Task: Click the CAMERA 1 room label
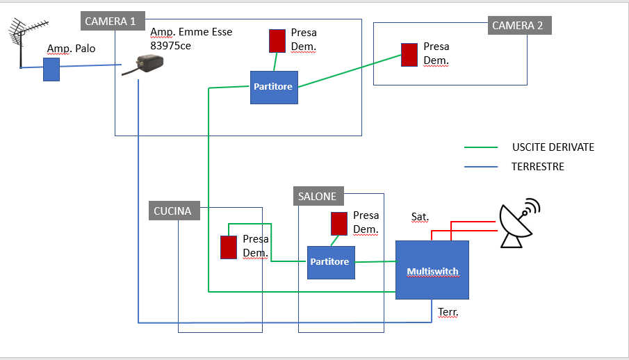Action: point(110,22)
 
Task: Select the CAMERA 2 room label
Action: point(518,26)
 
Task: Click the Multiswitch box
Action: point(432,270)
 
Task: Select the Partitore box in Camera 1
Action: point(274,87)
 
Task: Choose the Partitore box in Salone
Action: point(331,262)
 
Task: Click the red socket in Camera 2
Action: point(409,55)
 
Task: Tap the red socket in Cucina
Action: point(229,247)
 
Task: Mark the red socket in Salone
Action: point(339,223)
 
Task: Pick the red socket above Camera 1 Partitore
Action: point(277,40)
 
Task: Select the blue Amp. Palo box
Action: point(51,69)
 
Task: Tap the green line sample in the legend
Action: point(482,147)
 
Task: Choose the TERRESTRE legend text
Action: point(537,167)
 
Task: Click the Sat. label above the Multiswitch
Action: point(420,217)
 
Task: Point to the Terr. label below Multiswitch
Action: point(448,313)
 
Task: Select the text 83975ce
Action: point(170,45)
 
